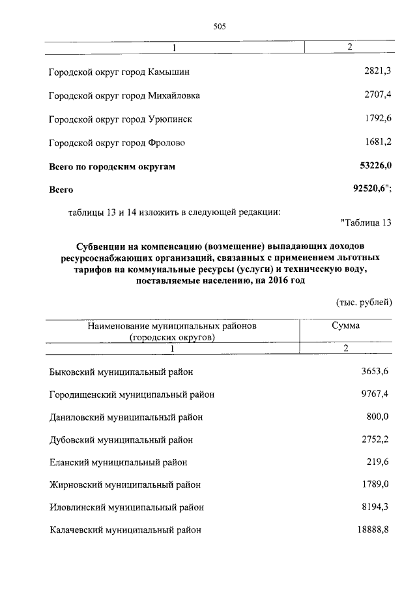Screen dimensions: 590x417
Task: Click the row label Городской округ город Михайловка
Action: pos(124,95)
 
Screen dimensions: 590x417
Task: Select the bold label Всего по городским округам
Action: pos(113,167)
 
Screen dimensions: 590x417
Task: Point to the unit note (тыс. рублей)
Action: pos(364,302)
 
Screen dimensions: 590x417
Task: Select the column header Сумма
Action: pos(345,325)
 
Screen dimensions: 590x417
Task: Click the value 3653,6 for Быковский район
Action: pos(375,371)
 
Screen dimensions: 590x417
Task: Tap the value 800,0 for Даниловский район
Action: pos(377,416)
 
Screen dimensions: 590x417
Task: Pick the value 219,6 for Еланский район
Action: pos(377,462)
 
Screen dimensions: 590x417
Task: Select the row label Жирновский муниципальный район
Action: pos(125,484)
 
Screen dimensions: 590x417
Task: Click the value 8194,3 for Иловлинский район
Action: pos(375,507)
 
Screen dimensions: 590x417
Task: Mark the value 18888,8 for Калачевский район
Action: pos(372,529)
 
